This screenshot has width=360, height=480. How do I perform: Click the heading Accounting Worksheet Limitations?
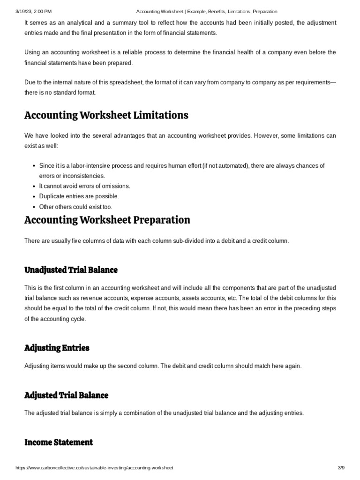[106, 115]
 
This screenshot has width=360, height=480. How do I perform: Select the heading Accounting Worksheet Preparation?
[107, 220]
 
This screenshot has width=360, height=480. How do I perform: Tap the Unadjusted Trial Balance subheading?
[71, 270]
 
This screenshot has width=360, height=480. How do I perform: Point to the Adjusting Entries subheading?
[57, 348]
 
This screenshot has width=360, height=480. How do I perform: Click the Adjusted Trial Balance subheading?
[66, 395]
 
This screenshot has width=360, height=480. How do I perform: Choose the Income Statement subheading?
[59, 442]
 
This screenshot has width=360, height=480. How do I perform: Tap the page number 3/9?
[341, 468]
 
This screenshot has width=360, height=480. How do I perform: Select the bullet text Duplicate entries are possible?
[79, 196]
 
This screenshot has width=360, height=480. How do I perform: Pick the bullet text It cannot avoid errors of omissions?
[84, 186]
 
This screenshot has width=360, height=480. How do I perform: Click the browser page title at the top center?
[207, 11]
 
